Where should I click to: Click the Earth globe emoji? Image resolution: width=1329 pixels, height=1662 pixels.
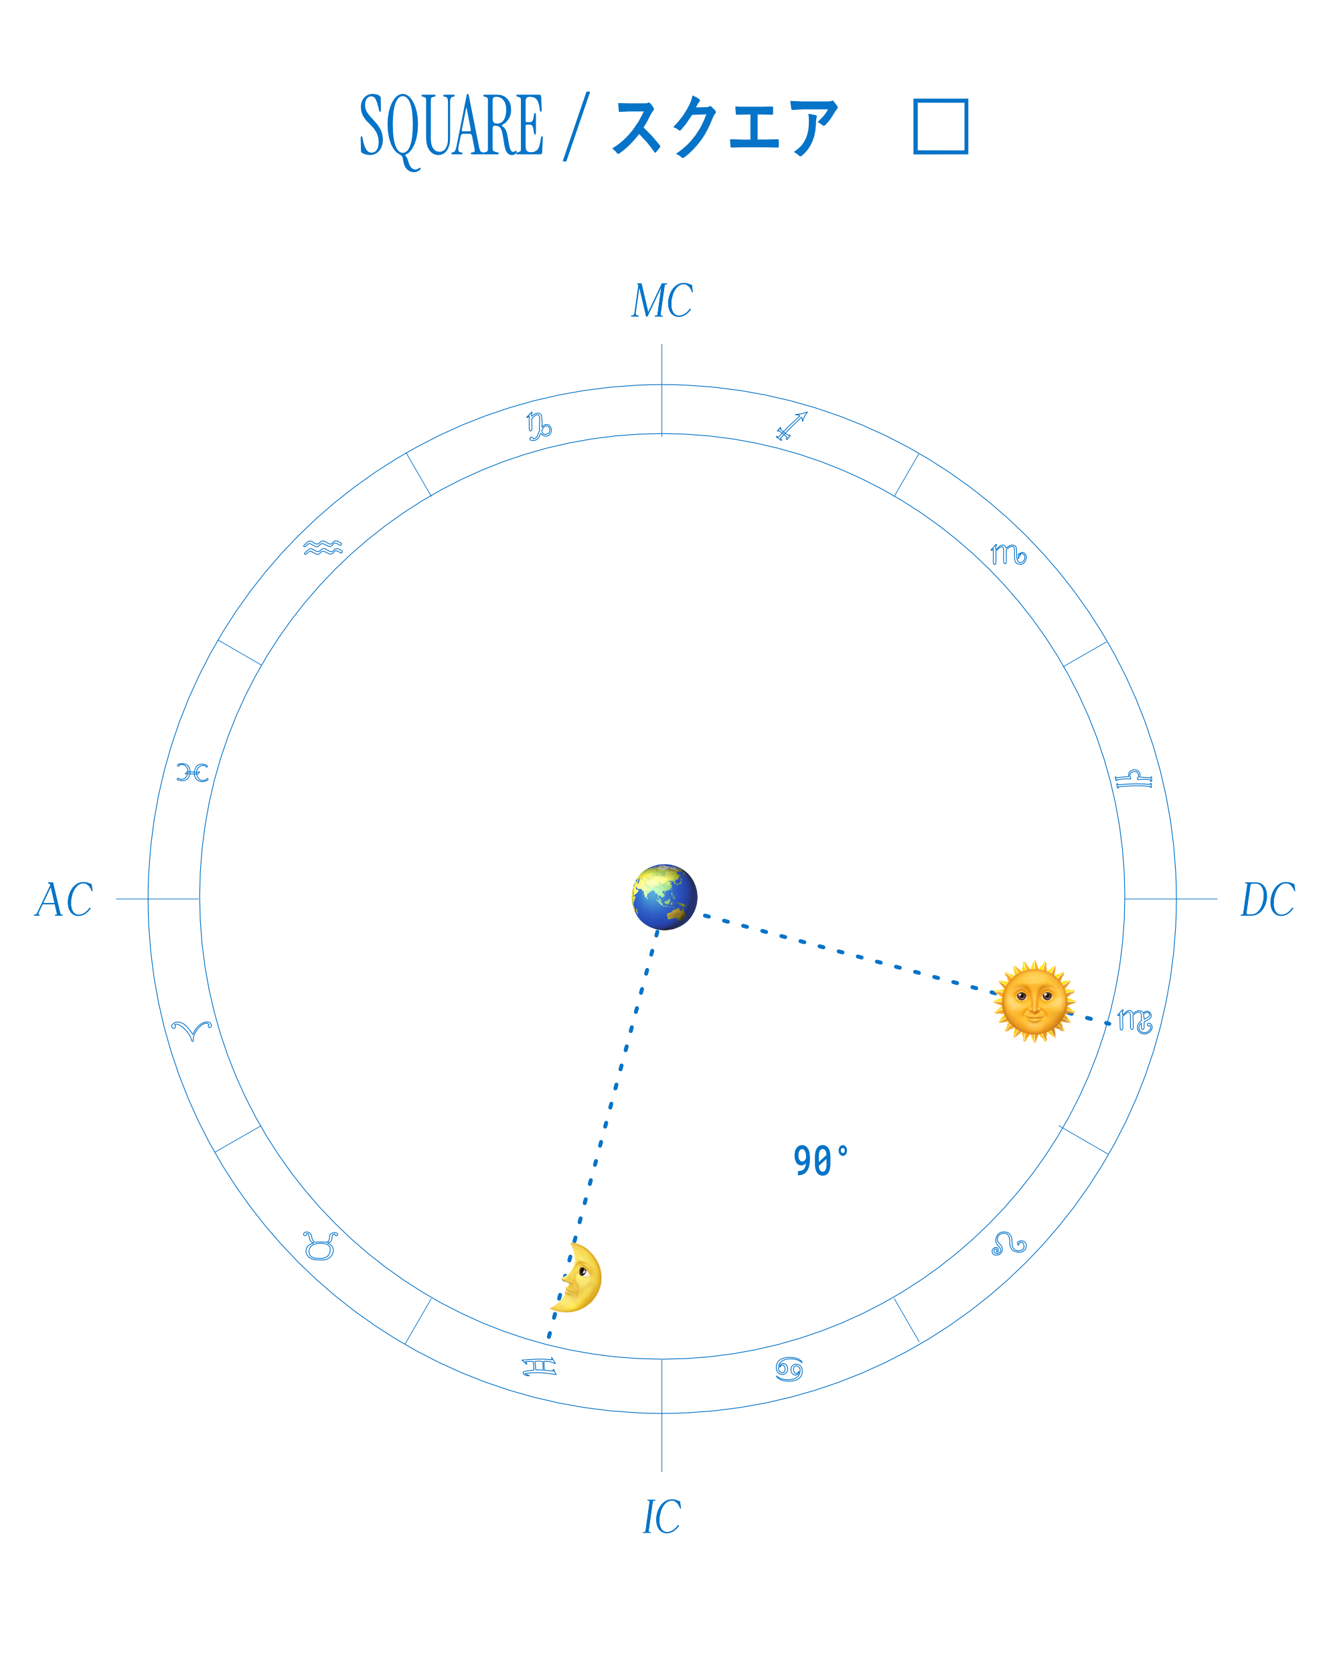(x=664, y=896)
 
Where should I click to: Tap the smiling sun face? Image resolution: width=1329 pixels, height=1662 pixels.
(x=1032, y=1002)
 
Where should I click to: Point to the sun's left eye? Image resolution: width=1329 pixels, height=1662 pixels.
(x=1021, y=995)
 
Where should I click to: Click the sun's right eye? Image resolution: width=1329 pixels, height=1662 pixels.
(x=1046, y=995)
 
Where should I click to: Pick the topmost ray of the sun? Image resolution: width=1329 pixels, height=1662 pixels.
(x=1033, y=963)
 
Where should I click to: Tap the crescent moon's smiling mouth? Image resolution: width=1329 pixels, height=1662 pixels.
(x=570, y=1294)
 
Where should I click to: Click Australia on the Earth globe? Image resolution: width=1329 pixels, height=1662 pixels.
(x=676, y=914)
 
